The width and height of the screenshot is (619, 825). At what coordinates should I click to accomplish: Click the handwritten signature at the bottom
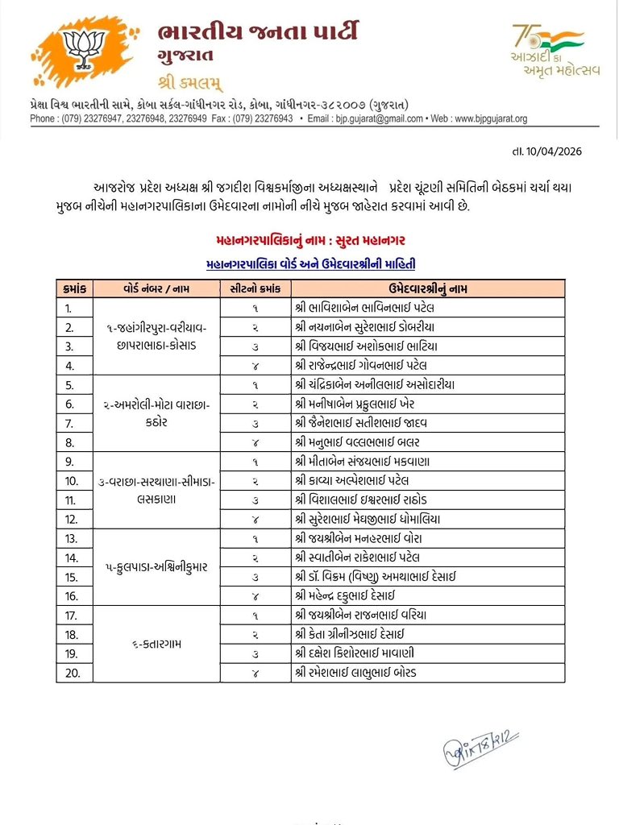tap(480, 749)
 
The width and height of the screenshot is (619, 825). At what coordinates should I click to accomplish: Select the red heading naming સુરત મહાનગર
tap(310, 240)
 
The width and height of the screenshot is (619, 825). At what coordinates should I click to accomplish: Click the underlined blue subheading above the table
tap(310, 263)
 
